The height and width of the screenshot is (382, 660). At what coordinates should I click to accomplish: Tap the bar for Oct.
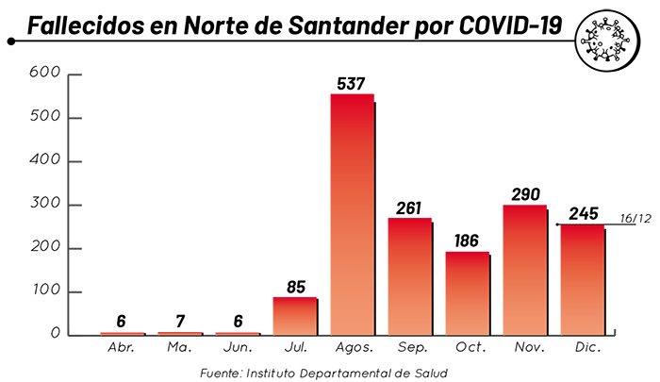coord(468,292)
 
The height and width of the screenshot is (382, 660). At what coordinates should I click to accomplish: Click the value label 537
coord(351,84)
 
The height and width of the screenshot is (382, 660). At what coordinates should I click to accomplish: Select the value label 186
coord(468,241)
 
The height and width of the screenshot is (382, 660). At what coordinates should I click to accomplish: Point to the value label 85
coord(295,287)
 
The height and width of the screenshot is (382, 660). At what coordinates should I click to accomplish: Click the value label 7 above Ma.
coord(181,322)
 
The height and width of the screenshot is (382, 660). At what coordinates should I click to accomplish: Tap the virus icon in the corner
coord(604,42)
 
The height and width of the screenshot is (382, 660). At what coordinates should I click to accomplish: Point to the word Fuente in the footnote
coord(223,373)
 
